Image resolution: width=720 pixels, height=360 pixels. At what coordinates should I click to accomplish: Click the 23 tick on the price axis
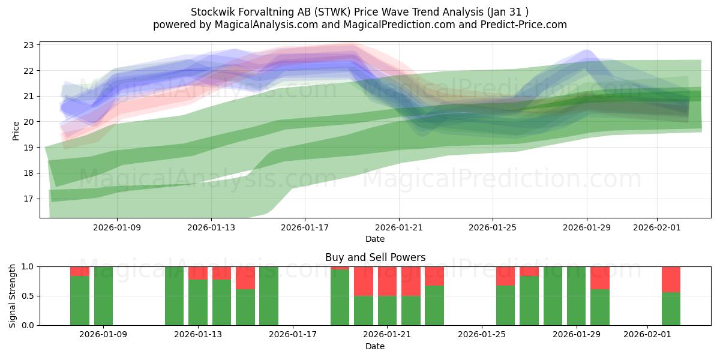(x=29, y=45)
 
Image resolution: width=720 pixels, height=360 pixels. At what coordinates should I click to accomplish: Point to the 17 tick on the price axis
(x=29, y=199)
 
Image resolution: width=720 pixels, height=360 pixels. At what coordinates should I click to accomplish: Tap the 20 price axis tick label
(x=29, y=122)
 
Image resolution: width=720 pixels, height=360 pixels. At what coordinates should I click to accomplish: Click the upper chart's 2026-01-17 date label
(x=305, y=227)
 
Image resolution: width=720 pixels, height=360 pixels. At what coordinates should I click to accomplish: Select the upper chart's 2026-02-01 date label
(x=657, y=227)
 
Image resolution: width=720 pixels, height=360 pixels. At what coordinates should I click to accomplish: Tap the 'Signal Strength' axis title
(x=13, y=296)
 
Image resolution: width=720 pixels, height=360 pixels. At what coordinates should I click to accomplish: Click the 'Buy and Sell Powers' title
(x=375, y=257)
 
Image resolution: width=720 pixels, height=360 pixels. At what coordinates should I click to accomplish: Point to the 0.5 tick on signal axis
(x=29, y=296)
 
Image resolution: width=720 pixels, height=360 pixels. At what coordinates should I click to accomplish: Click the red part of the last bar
(x=671, y=279)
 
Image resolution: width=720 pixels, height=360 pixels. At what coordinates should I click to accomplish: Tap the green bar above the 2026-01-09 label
(x=103, y=296)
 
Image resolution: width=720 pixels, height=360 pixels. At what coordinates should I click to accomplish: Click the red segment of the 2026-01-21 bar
(x=387, y=281)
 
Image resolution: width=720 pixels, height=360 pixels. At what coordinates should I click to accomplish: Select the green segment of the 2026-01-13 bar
(x=198, y=302)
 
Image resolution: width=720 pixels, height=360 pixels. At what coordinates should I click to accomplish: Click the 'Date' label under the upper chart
(x=375, y=239)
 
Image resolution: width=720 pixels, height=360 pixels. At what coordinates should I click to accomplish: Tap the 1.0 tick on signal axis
(x=29, y=266)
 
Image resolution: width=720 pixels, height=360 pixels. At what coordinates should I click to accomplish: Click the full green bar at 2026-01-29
(x=576, y=296)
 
